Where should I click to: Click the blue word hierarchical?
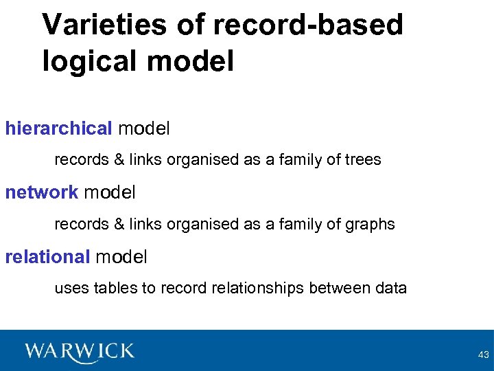point(58,128)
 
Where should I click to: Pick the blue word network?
point(42,192)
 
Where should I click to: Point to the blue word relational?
point(47,257)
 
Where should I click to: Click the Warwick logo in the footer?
point(80,351)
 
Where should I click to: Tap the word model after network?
point(109,192)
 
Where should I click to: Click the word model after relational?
point(121,257)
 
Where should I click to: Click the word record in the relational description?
point(178,289)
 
